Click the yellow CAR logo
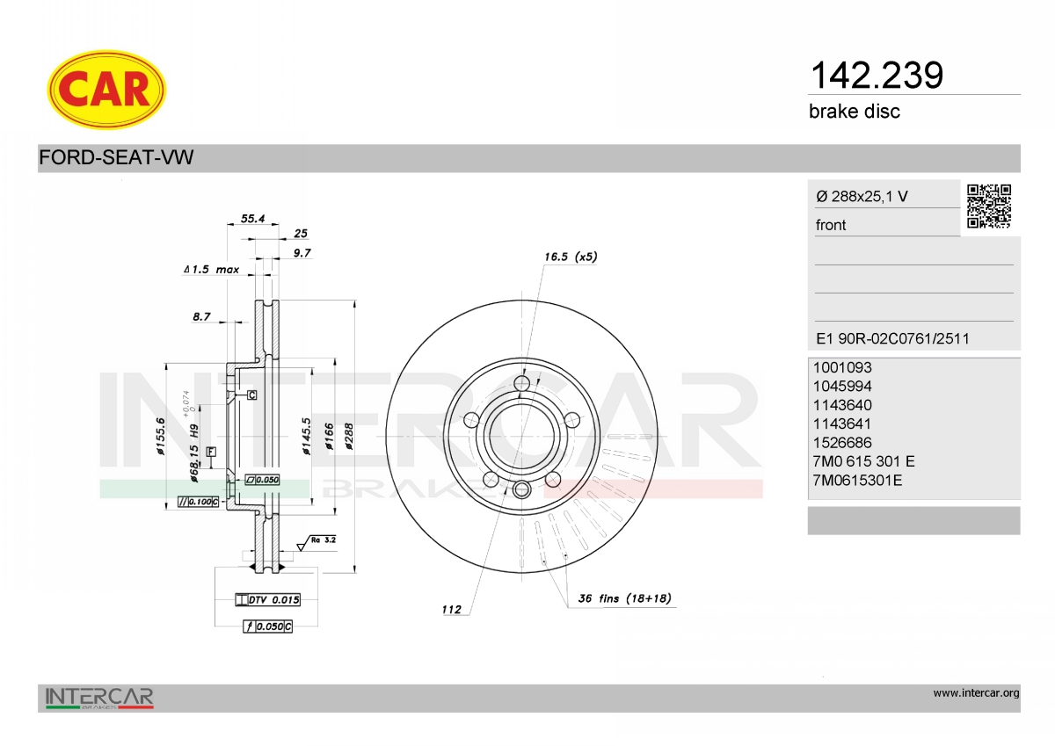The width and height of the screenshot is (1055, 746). (106, 90)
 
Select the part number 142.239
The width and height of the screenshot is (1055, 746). (877, 76)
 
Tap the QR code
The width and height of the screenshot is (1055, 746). (989, 206)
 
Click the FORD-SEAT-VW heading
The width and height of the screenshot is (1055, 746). (116, 157)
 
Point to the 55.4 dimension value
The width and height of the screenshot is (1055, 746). (253, 219)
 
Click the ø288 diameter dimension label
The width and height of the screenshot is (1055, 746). (349, 437)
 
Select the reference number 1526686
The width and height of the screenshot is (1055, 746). (842, 443)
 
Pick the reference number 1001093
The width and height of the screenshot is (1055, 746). (842, 367)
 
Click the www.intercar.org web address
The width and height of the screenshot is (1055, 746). (977, 693)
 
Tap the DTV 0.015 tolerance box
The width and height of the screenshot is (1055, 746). (267, 600)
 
